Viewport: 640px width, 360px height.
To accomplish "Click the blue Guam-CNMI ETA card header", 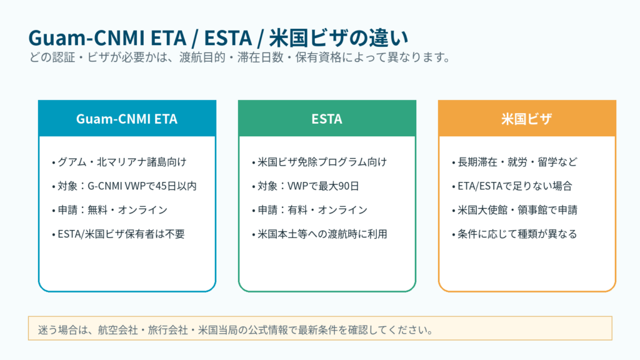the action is (x=127, y=118).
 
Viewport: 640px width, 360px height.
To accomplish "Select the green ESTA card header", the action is (x=327, y=118).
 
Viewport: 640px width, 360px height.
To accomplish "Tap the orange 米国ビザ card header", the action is (x=527, y=118).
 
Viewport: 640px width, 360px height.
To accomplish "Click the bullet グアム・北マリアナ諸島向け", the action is (x=119, y=162).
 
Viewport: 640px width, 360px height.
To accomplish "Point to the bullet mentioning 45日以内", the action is (x=124, y=186).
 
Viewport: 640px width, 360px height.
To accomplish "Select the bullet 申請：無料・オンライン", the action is (x=109, y=210).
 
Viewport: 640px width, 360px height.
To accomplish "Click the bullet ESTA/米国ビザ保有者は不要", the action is (x=118, y=234).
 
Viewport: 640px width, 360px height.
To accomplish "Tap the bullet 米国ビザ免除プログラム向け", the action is (x=319, y=162).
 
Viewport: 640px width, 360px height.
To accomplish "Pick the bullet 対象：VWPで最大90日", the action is (x=305, y=186).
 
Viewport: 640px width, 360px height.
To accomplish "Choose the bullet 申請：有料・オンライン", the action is (x=309, y=210).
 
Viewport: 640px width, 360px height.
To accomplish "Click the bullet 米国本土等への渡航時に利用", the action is (x=319, y=234).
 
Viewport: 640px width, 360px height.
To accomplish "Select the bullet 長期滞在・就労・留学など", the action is (x=514, y=162).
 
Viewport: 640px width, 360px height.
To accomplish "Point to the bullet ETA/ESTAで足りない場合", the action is (x=512, y=186).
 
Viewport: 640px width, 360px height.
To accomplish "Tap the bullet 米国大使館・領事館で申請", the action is (x=514, y=210).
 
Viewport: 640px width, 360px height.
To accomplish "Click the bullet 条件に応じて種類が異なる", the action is (x=514, y=234).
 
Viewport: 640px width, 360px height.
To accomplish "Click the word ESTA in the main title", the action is (x=227, y=38).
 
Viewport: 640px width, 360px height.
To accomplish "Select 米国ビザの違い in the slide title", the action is (x=339, y=38).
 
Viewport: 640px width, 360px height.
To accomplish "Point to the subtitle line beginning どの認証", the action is (x=240, y=57).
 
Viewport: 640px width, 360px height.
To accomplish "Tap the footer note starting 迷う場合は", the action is (x=236, y=330).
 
